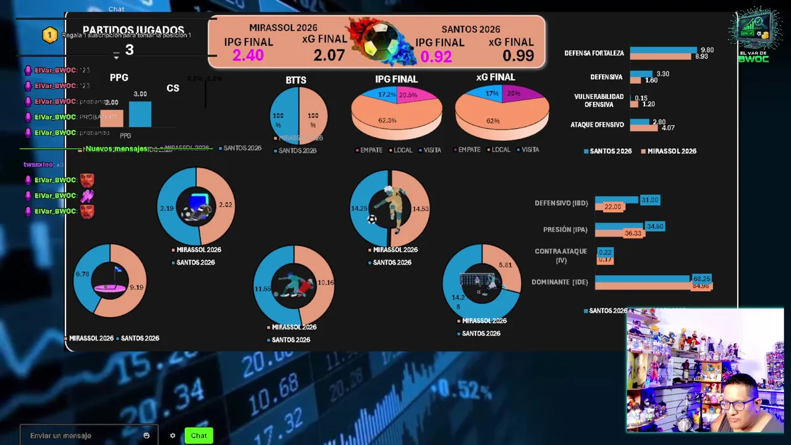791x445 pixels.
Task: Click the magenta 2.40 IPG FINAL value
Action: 248,56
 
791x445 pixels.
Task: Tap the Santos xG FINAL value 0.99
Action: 518,56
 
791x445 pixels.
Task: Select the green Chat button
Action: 198,436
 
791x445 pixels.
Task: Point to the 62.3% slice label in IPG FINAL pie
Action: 387,121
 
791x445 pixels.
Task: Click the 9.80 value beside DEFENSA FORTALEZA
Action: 707,50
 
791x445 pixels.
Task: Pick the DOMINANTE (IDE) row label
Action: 559,282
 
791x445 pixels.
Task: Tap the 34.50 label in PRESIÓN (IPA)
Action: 654,227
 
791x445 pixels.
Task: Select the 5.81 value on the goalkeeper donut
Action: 505,265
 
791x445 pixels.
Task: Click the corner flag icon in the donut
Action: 110,279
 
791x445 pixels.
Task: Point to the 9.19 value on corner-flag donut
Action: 136,287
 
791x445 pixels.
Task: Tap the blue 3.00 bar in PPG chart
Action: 140,114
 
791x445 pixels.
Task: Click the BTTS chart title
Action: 296,80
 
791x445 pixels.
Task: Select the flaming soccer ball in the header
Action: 377,41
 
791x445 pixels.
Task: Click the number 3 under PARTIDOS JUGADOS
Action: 129,50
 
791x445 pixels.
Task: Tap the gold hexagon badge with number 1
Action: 49,35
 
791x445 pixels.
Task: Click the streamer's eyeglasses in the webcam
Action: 736,405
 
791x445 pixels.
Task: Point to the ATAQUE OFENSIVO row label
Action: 597,125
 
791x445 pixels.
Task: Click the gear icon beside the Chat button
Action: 172,436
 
